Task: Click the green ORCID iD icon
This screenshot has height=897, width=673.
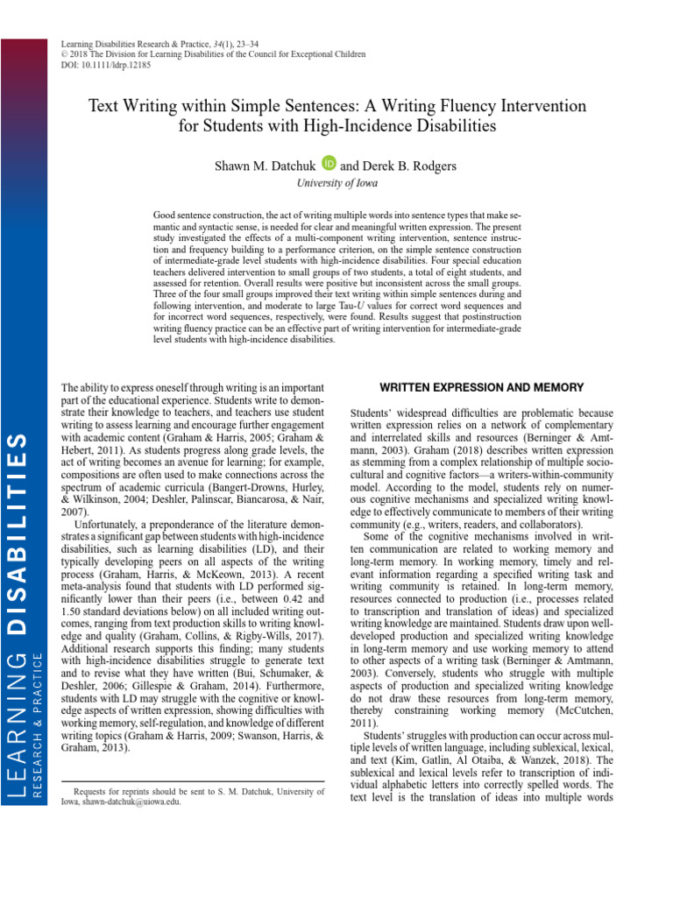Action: coord(329,163)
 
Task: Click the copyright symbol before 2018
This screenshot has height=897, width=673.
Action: coord(62,54)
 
